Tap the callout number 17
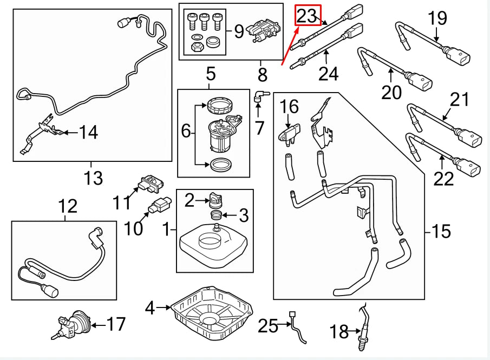pos(116,325)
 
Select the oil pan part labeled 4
pos(212,311)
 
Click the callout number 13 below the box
pos(93,177)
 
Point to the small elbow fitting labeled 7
pos(260,96)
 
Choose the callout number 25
pos(267,326)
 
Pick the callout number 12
pos(68,206)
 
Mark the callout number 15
pos(441,231)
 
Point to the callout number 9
pos(238,32)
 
